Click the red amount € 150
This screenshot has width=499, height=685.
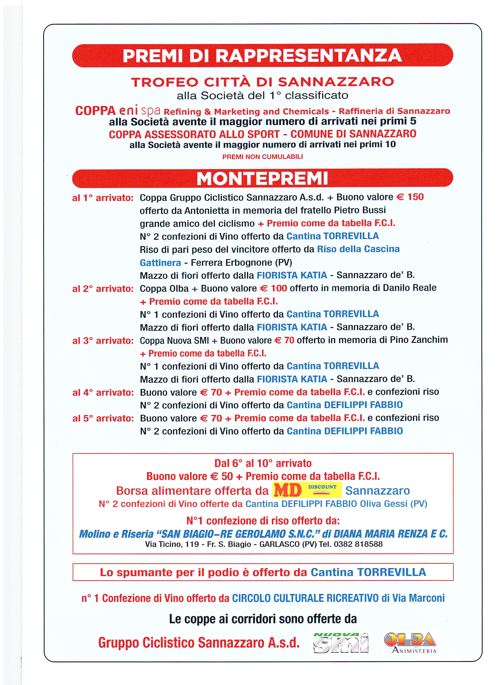410,197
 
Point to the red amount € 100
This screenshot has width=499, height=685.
273,288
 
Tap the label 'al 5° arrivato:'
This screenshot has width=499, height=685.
103,418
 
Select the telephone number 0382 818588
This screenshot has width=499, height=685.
358,544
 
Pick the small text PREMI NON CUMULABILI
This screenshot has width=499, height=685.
263,157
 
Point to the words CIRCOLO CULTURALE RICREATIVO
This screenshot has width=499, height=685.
305,598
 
